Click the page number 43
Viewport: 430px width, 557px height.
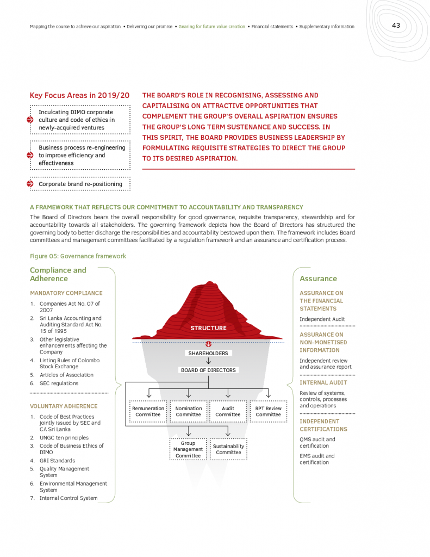pos(396,26)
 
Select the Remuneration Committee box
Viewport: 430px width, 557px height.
pos(148,412)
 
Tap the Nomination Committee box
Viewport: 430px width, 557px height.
pos(189,412)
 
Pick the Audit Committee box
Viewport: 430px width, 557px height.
pos(228,412)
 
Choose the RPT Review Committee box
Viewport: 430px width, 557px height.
pos(268,412)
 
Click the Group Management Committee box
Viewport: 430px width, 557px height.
pos(188,450)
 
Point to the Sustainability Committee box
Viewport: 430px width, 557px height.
pos(228,449)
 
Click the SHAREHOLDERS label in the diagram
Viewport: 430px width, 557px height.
pos(208,354)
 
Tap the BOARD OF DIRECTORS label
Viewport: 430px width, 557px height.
pos(208,370)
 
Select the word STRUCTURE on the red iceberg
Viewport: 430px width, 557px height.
pos(208,328)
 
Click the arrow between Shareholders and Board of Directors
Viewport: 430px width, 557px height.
pos(208,362)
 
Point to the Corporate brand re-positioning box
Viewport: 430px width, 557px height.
pos(80,184)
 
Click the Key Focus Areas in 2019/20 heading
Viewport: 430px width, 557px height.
pos(79,96)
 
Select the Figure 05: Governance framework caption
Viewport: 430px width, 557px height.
pos(78,256)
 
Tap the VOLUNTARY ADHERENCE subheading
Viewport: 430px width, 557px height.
pos(64,406)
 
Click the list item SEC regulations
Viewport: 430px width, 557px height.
pos(59,383)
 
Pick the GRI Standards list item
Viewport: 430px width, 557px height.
pos(57,461)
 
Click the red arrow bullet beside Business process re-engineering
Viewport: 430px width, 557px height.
pos(30,156)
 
